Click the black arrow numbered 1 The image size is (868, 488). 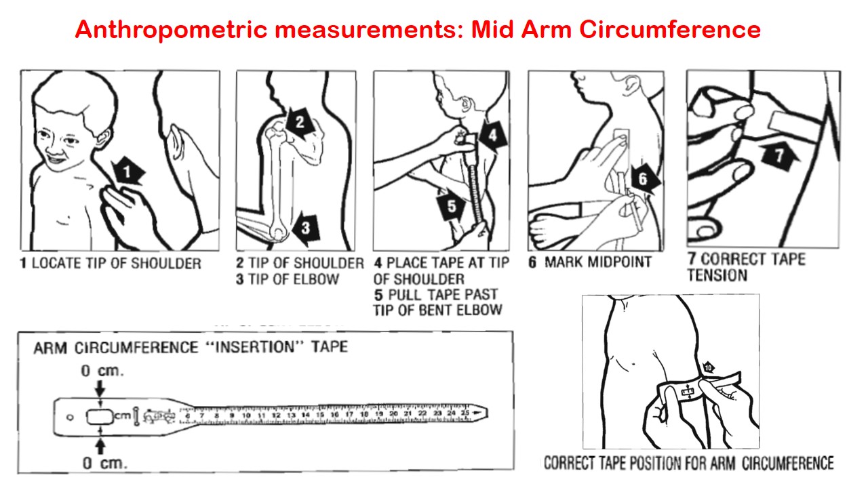[x=127, y=171]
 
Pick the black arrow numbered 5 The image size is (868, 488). [x=451, y=206]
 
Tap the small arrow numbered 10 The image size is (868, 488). [x=707, y=367]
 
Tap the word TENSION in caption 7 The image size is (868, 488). [x=717, y=275]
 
